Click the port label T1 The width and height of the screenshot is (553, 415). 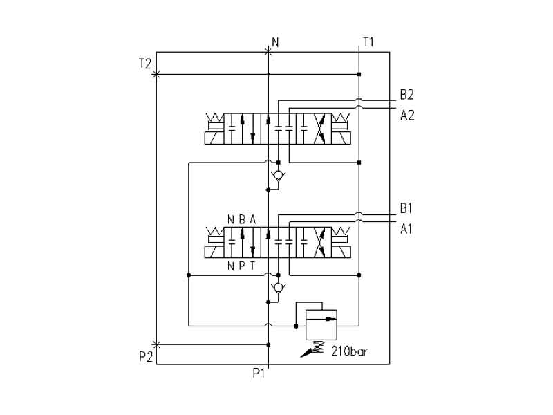(x=368, y=42)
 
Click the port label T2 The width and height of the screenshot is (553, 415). (x=144, y=64)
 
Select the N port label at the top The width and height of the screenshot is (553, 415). (x=275, y=42)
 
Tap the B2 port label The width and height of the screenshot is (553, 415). (x=406, y=95)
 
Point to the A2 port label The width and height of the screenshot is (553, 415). (x=406, y=115)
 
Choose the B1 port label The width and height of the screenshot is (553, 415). (x=406, y=208)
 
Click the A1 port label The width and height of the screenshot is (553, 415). (x=406, y=229)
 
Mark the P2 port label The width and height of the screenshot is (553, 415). (x=144, y=356)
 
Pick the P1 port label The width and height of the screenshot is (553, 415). (x=259, y=373)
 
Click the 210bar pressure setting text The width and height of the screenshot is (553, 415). (x=349, y=351)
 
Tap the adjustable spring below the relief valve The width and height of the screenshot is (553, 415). (x=317, y=348)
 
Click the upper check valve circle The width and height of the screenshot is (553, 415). (x=278, y=175)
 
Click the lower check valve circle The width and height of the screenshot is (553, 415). (x=278, y=287)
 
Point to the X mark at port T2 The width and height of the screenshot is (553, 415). (x=156, y=74)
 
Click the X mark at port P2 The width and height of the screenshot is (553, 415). (x=156, y=344)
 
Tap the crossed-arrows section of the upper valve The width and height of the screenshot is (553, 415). (x=321, y=129)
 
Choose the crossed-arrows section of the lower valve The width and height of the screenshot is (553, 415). (x=321, y=243)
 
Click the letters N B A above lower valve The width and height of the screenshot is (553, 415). (x=242, y=219)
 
